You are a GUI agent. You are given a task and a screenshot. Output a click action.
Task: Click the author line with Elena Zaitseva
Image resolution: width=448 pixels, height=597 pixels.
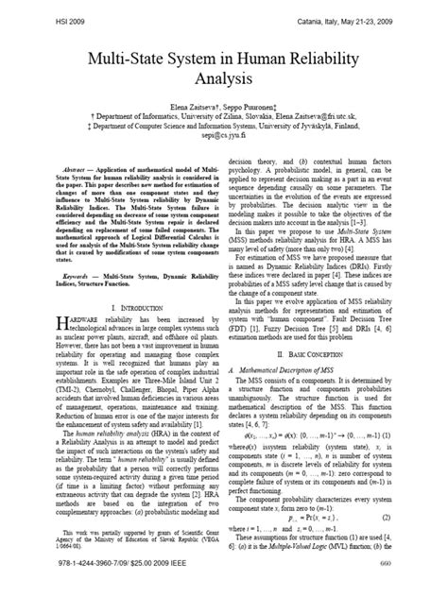224,119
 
